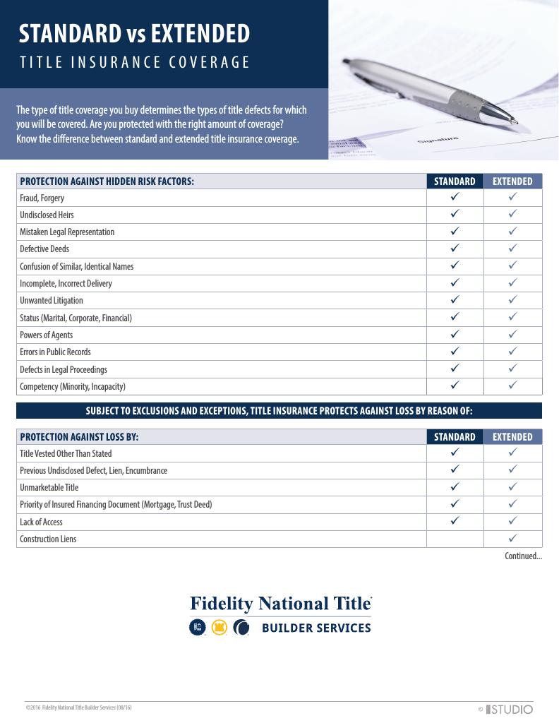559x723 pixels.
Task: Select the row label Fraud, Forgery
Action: (42, 198)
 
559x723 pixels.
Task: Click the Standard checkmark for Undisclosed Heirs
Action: (455, 214)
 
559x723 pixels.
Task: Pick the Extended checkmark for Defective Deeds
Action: (513, 249)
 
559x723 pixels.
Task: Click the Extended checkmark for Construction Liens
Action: (513, 539)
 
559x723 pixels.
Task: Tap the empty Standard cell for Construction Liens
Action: (455, 539)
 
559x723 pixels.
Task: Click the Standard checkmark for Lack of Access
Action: (455, 522)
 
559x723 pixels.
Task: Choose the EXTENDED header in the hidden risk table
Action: (512, 181)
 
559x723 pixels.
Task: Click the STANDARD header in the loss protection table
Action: (455, 437)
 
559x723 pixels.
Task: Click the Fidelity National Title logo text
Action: (280, 604)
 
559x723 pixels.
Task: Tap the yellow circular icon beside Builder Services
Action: (219, 628)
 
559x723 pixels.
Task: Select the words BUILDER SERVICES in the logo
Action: (316, 628)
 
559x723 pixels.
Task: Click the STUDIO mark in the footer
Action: (510, 709)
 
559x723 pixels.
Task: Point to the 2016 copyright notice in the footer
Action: (78, 707)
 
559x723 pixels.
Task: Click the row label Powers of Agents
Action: (46, 335)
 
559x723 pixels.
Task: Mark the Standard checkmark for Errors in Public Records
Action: (455, 352)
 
